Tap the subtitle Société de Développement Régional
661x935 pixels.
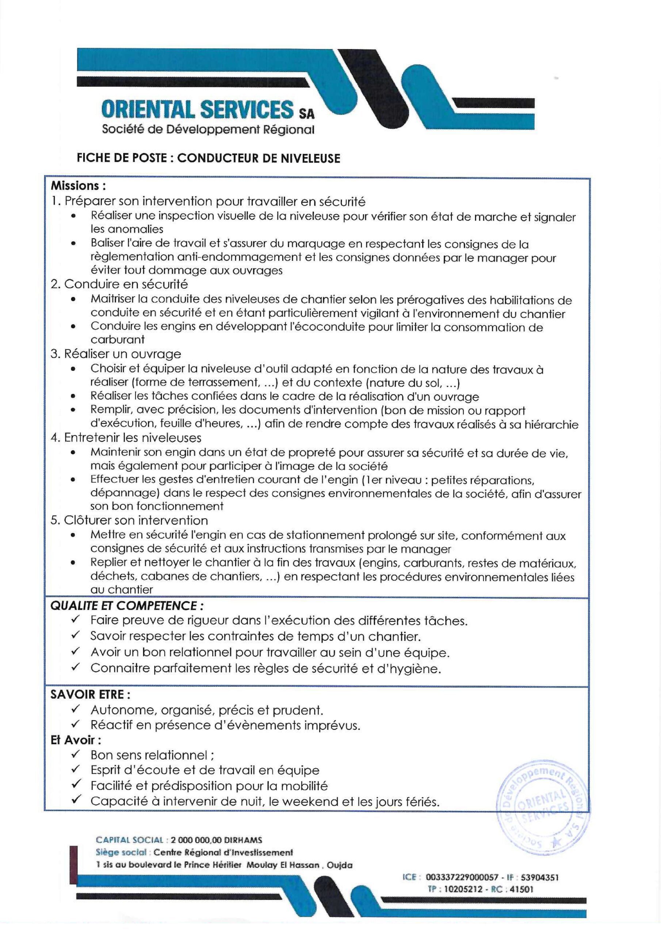coord(208,130)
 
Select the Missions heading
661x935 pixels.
coord(78,186)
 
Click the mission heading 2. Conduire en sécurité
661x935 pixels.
coord(119,284)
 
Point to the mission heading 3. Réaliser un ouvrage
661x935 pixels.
coord(116,354)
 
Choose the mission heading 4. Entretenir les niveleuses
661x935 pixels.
coord(126,438)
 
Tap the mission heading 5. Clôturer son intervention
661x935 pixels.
coord(129,520)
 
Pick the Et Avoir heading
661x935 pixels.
coord(76,740)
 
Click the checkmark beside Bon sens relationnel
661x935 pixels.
coord(75,755)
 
